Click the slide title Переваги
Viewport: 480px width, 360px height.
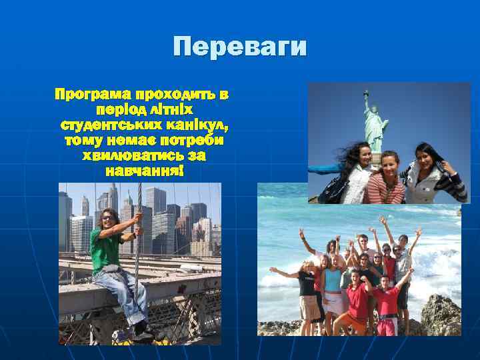click(239, 47)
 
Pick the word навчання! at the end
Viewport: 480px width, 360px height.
click(143, 171)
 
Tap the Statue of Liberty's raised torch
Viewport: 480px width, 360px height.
click(366, 94)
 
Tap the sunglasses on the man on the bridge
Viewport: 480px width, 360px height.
click(107, 217)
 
